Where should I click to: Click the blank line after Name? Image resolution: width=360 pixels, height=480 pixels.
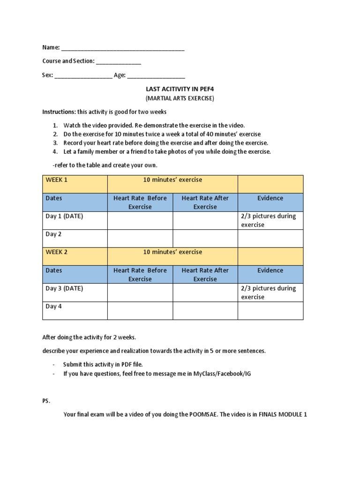(x=123, y=48)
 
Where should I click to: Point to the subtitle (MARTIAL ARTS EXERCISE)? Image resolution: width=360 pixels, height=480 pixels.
(x=180, y=98)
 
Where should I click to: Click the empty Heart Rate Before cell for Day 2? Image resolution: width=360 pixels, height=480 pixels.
(x=140, y=239)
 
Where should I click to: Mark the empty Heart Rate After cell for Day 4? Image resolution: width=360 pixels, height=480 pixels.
(x=205, y=311)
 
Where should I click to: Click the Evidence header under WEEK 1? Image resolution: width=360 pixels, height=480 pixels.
(x=270, y=198)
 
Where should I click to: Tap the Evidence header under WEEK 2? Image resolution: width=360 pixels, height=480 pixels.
(x=270, y=270)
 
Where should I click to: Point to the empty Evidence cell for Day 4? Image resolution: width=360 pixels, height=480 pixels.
(x=270, y=311)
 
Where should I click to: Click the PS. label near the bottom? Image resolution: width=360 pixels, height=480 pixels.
(x=46, y=401)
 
